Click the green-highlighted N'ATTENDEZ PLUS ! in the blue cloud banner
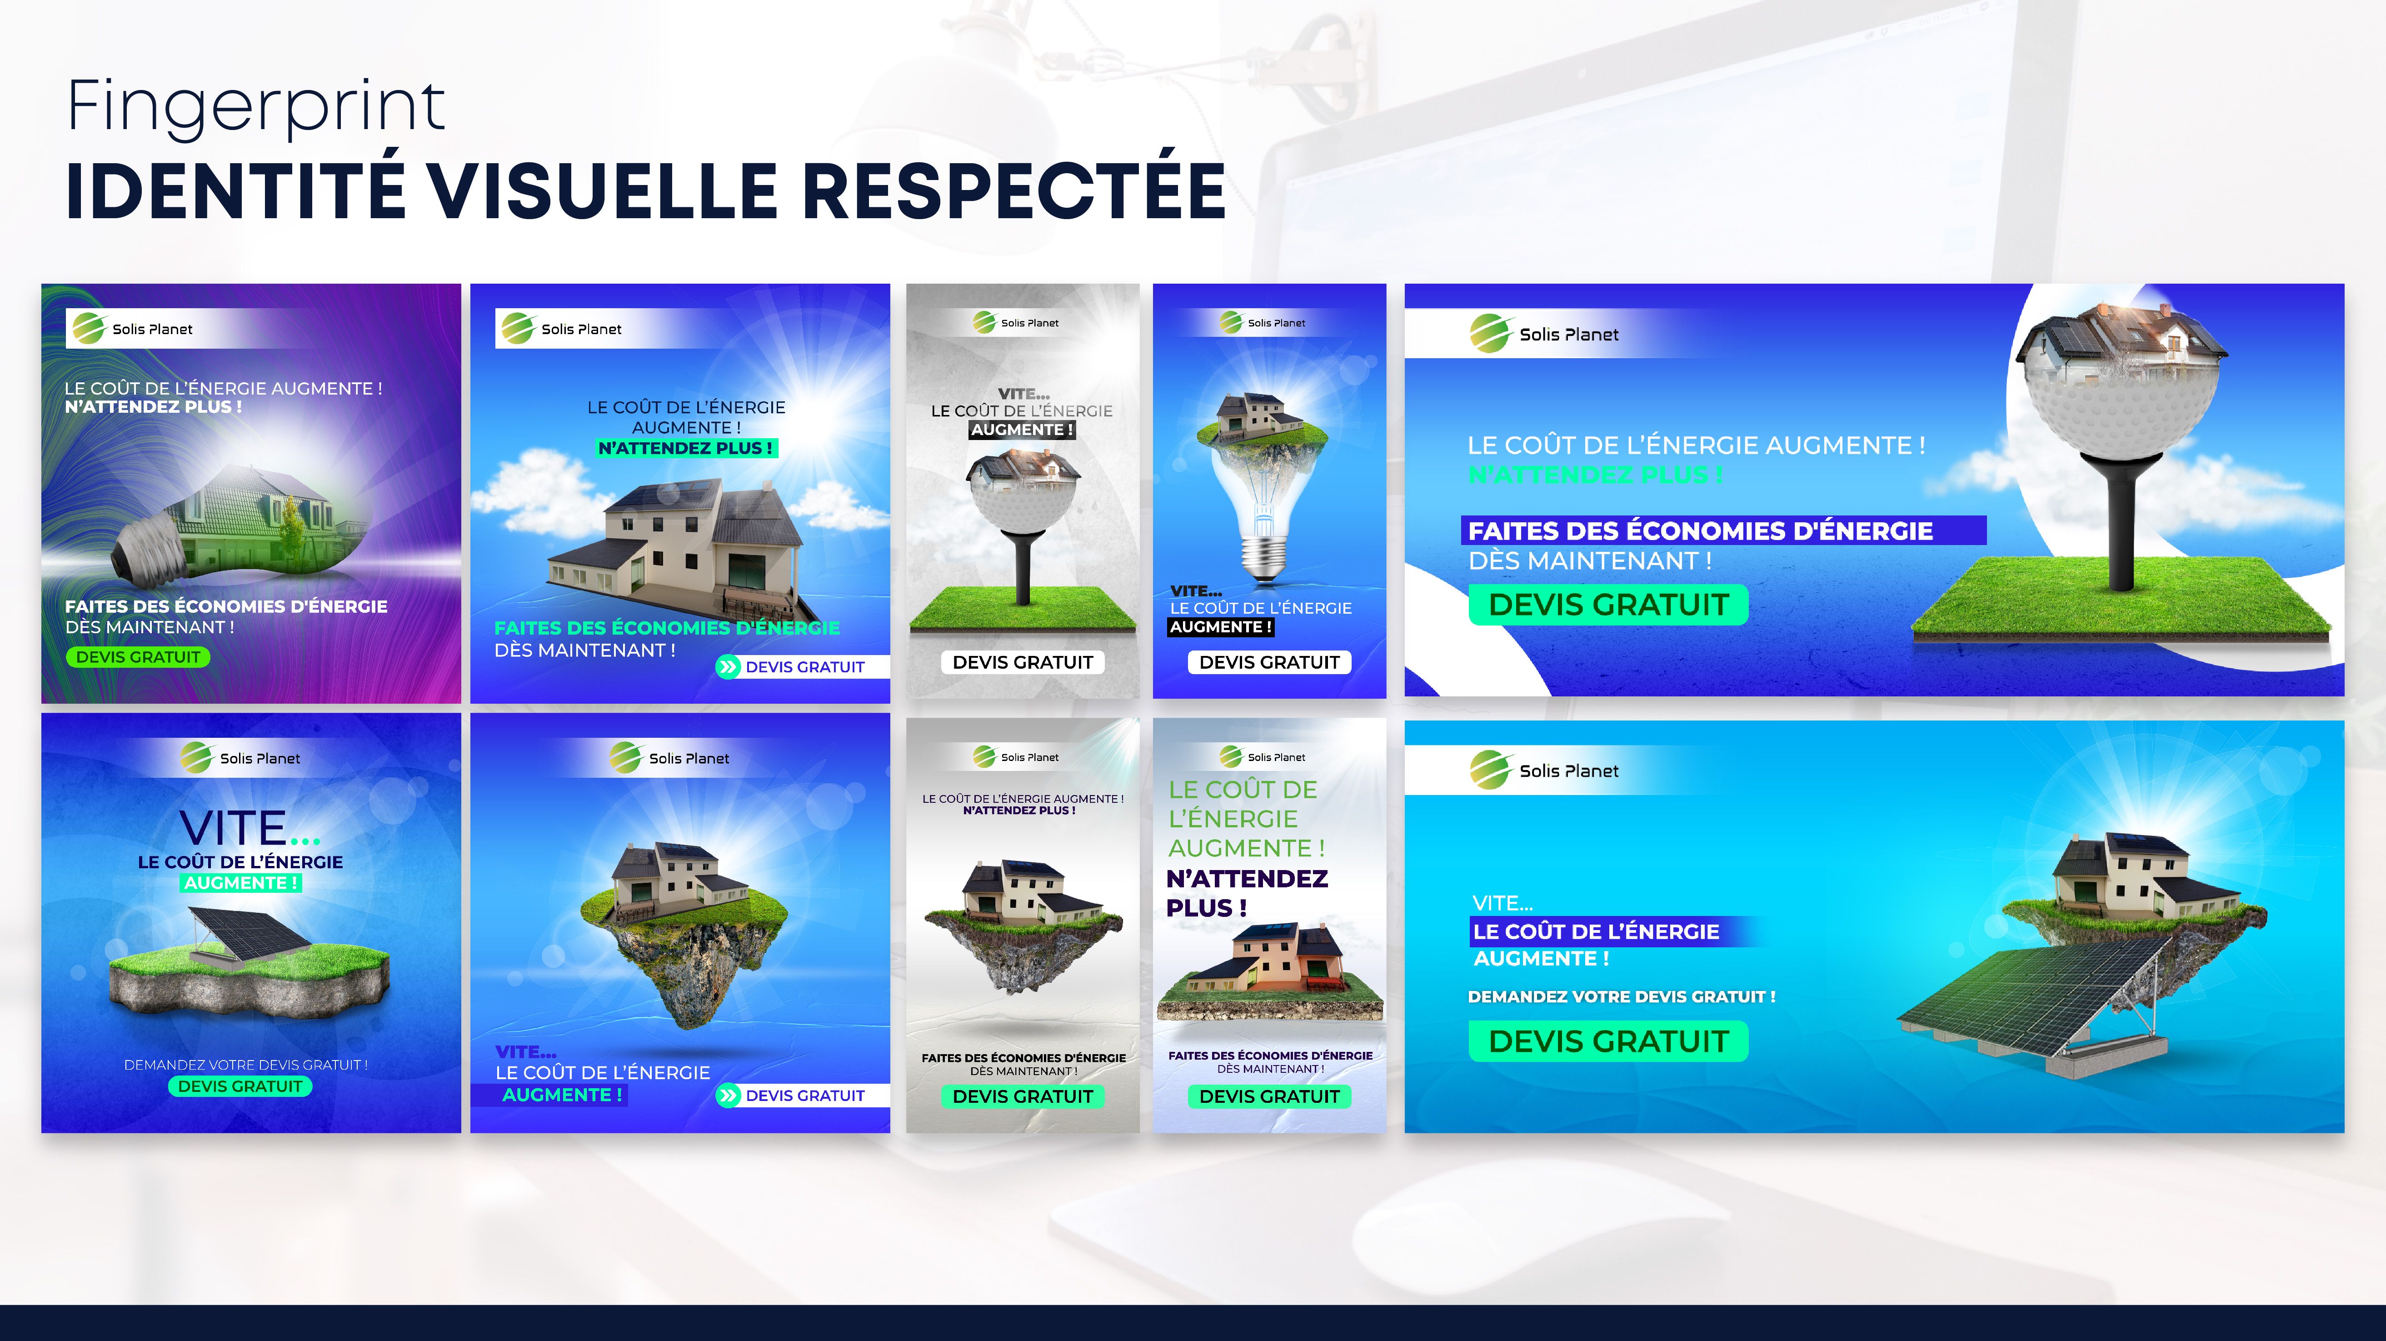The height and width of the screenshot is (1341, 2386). pos(685,448)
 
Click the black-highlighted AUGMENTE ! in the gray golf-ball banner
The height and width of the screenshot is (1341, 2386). pos(1023,430)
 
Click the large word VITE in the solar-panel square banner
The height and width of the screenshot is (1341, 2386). pos(234,828)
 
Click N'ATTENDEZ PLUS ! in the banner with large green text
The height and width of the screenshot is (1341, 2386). pos(1247,892)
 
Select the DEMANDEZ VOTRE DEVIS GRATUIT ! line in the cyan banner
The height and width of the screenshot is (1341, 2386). pos(1622,997)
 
